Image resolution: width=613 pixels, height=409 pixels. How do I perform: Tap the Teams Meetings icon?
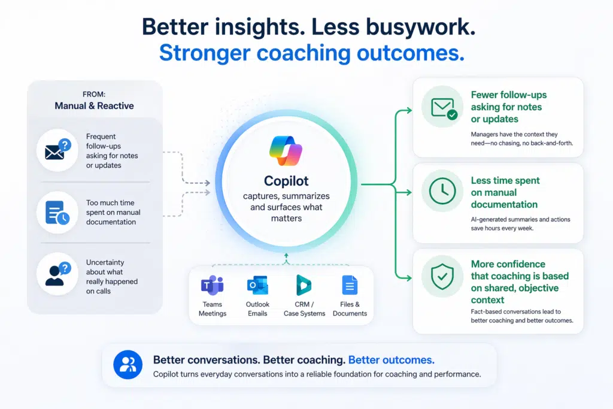tap(212, 286)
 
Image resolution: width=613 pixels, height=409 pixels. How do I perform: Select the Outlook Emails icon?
tap(257, 286)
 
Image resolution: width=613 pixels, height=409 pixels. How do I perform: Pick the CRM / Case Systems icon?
tap(304, 286)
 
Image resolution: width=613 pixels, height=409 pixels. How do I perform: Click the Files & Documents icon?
tap(350, 286)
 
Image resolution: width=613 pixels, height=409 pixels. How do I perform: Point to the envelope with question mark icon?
tap(57, 150)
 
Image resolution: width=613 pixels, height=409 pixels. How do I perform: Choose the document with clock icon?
tap(57, 213)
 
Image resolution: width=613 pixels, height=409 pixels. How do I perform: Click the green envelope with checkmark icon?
tap(442, 107)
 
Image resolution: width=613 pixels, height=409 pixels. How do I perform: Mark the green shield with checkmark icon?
tap(442, 275)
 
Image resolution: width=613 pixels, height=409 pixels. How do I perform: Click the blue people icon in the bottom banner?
tap(128, 365)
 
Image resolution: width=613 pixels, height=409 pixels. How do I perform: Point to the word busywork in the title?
tap(419, 26)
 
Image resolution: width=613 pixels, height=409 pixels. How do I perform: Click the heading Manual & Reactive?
tap(94, 106)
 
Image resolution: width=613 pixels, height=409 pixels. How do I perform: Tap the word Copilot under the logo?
tap(286, 181)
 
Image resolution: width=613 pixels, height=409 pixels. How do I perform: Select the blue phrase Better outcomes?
tap(391, 360)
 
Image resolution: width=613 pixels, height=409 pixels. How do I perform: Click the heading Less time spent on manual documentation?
tap(505, 192)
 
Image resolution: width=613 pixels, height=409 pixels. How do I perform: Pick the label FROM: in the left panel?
tap(94, 93)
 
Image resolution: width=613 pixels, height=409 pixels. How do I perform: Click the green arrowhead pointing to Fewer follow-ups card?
tap(409, 110)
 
